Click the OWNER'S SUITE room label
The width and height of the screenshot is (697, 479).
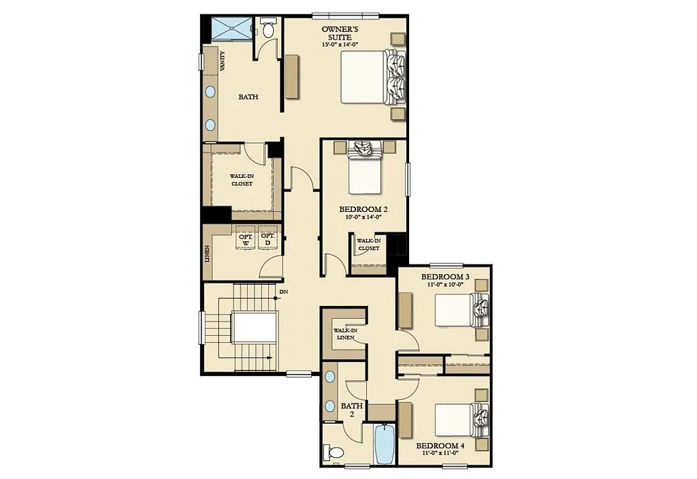pos(340,33)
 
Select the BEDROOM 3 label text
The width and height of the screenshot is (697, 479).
pos(445,277)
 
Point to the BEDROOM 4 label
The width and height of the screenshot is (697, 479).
pos(440,446)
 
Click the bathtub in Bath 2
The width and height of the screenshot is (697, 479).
pos(385,444)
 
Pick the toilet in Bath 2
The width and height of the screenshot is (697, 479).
pos(334,452)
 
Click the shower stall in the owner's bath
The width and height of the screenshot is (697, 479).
pos(231,29)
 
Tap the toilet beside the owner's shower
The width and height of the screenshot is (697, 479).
pos(268,29)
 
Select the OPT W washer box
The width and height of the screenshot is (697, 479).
pos(245,239)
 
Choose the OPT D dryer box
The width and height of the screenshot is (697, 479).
pos(268,239)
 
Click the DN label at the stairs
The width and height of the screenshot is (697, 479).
pos(283,292)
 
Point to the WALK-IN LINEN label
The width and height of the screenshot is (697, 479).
pos(345,335)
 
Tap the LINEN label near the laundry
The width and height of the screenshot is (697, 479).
pos(207,253)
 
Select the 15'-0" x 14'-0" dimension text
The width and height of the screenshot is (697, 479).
pos(340,44)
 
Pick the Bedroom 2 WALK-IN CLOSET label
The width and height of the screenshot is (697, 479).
pos(369,244)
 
